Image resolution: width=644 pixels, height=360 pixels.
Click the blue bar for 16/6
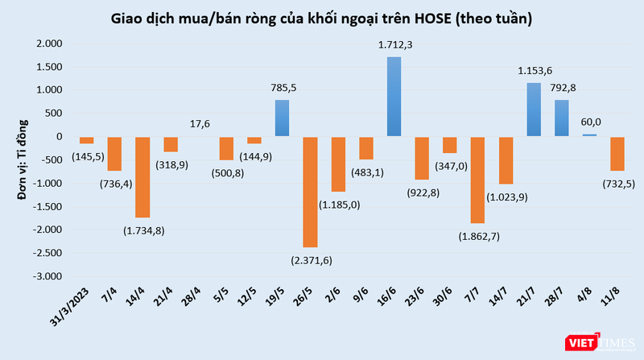(394, 96)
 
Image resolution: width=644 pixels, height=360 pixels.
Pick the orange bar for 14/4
(142, 176)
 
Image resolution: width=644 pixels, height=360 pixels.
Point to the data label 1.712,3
(394, 46)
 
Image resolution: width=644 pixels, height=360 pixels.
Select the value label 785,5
(283, 89)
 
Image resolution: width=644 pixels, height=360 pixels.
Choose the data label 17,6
(199, 124)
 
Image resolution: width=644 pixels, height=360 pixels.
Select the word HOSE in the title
(432, 16)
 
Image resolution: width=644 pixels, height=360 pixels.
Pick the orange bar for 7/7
(478, 180)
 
